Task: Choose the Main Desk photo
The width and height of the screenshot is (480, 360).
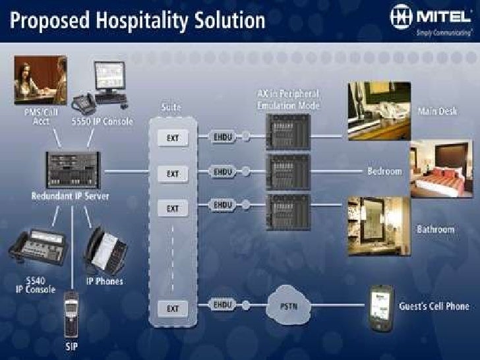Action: coord(378,110)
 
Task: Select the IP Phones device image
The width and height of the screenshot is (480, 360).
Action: coord(105,251)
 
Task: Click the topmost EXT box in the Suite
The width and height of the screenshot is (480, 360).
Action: coord(173,138)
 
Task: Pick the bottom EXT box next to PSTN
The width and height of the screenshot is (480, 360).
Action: coord(173,307)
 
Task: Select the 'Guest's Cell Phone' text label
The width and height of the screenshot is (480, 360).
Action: coord(434,306)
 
